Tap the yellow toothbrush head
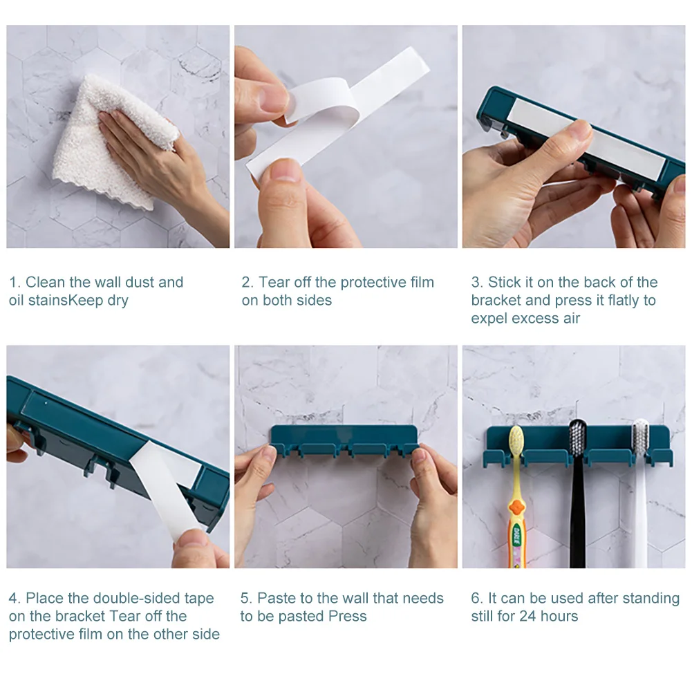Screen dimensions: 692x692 pos(516,440)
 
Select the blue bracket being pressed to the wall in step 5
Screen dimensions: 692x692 pos(344,440)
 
